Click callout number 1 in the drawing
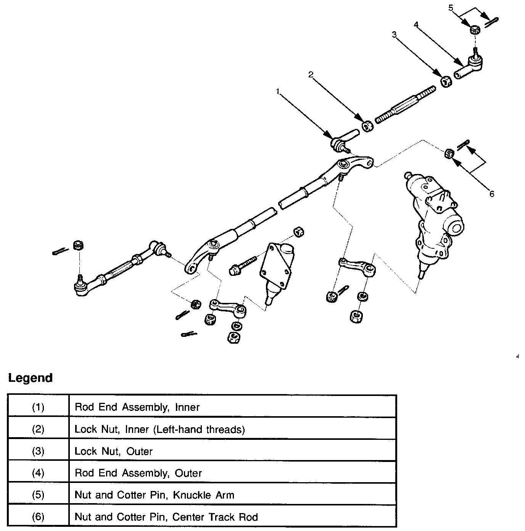[x=278, y=91]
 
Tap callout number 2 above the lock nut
[x=311, y=74]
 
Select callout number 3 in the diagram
[x=394, y=35]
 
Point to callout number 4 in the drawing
[x=416, y=24]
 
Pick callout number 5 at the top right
[x=451, y=8]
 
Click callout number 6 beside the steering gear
[x=492, y=194]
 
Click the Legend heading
[x=30, y=378]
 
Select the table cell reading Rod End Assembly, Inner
[x=232, y=407]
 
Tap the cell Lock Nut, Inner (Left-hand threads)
[x=232, y=429]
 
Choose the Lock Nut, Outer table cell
[x=232, y=451]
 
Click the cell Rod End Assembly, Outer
[x=232, y=473]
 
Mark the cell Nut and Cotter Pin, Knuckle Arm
[x=232, y=495]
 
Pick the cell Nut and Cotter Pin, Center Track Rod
[x=232, y=517]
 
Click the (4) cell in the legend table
[x=38, y=473]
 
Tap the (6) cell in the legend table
[x=38, y=517]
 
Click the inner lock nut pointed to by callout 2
[x=367, y=127]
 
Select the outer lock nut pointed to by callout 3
[x=446, y=82]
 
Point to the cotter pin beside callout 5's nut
[x=491, y=23]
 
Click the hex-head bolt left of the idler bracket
[x=243, y=265]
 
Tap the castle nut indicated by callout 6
[x=450, y=153]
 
